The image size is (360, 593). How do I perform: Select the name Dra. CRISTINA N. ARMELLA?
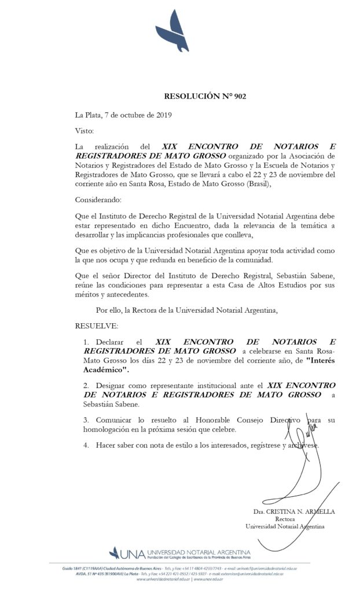(x=294, y=513)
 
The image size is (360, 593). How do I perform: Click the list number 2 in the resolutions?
(x=86, y=385)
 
